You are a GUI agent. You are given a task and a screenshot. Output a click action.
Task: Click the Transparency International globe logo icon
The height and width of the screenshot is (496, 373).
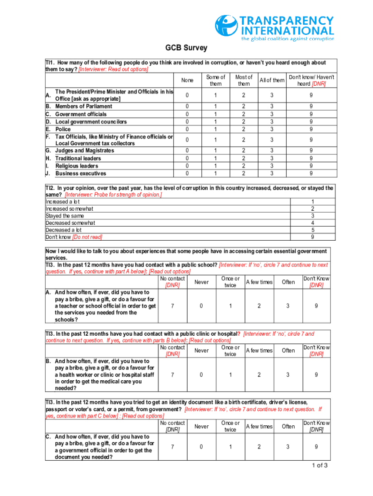tap(225, 27)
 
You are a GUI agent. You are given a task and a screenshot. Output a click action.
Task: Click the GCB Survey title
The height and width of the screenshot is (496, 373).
tap(186, 48)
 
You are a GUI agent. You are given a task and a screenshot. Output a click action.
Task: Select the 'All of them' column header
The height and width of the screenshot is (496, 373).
tap(272, 80)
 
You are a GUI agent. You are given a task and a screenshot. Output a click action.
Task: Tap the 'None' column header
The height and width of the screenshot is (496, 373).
tap(187, 80)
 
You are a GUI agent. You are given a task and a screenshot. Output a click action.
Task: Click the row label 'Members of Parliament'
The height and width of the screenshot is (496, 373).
tap(83, 106)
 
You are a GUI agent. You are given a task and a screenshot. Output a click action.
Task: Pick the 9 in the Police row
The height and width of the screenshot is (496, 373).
tap(311, 129)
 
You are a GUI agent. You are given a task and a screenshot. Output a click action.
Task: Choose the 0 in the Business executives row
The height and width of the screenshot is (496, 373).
tap(187, 173)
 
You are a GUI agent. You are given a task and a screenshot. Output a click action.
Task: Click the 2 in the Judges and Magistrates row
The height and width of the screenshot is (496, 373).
tap(244, 151)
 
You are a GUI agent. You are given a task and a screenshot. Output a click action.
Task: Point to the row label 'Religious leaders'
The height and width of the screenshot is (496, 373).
tap(77, 166)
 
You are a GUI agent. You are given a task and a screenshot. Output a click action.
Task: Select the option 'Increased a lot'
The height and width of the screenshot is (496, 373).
tap(62, 201)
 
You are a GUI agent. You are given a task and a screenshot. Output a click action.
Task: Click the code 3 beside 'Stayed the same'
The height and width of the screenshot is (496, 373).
tap(312, 216)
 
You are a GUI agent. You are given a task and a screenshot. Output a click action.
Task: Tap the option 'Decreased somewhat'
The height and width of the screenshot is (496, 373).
tap(70, 223)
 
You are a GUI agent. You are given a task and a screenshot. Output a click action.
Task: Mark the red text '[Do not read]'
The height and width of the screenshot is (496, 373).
tap(87, 237)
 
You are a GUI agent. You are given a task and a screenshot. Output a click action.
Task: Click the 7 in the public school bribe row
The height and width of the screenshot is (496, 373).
tap(172, 306)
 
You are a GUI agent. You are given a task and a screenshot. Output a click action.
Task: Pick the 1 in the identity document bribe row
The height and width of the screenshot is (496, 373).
tap(230, 447)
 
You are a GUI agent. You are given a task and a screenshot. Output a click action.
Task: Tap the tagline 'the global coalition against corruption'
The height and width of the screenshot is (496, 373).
tap(288, 39)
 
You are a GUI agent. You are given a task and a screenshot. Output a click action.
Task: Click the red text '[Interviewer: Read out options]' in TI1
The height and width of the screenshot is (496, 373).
tap(114, 69)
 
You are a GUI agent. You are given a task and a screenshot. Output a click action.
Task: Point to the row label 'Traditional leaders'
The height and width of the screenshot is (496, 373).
tap(78, 158)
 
